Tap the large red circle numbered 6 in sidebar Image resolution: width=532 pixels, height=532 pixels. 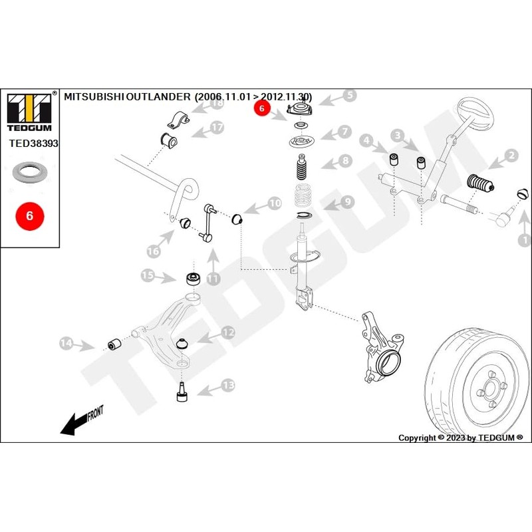coord(29,216)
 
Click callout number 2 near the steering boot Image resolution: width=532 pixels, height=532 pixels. coord(511,156)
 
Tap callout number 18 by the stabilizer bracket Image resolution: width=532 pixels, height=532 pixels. coord(216,102)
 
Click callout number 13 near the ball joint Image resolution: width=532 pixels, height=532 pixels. coord(228,384)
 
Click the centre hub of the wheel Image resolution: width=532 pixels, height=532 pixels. coord(489,389)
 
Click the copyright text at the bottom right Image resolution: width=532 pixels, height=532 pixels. coord(460,438)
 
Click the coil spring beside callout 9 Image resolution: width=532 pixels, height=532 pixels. coord(303,197)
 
